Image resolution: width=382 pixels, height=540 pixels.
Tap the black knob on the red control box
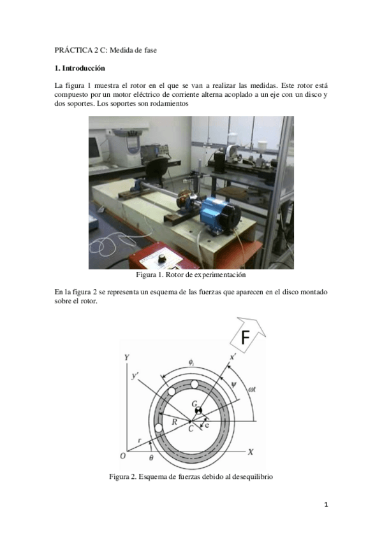pos(161,259)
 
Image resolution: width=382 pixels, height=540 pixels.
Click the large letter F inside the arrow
pos(245,337)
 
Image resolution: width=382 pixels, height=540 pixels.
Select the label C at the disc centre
pos(191,429)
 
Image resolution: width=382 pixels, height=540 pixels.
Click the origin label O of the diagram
pos(122,456)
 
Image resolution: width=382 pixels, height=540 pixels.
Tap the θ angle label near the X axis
pos(151,457)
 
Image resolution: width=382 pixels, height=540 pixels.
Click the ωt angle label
pos(252,390)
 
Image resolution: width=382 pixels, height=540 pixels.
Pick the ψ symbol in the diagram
pos(234,385)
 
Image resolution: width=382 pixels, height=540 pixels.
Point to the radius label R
pos(175,422)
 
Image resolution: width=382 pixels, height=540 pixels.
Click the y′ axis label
pos(135,376)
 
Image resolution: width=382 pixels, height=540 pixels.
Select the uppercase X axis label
pos(251,452)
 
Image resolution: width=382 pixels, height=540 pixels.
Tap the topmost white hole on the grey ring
pos(194,384)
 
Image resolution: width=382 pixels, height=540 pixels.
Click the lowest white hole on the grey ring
pos(159,428)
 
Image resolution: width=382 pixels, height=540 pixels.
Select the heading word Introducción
pos(84,68)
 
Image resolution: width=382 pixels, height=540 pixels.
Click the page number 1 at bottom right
pos(326,505)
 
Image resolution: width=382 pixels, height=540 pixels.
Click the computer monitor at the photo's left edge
pos(96,151)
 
